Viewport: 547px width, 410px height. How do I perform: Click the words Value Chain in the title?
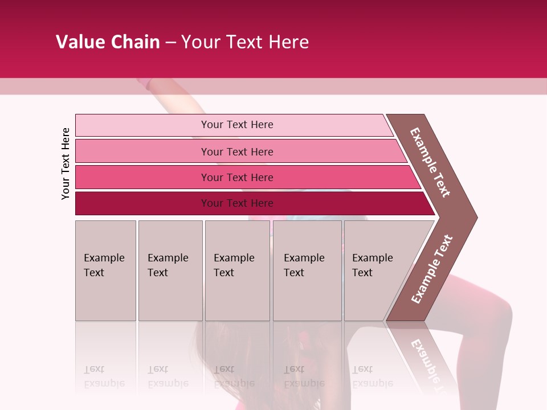point(108,42)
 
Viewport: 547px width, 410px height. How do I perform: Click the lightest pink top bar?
point(142,125)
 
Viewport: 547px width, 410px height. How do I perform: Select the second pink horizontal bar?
point(142,151)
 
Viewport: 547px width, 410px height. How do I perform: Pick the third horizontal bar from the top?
point(142,177)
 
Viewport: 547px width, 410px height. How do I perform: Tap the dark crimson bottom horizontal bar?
point(142,203)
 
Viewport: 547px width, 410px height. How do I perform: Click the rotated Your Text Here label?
point(66,163)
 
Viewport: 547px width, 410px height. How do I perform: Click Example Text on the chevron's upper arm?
point(430,162)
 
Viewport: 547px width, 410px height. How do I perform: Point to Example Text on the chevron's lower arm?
point(432,269)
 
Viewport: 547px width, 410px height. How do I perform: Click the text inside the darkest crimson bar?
point(237,203)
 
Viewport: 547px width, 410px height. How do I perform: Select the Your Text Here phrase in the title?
point(245,42)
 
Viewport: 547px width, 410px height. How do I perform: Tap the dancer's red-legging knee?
point(501,310)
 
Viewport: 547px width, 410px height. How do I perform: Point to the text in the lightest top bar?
point(237,125)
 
